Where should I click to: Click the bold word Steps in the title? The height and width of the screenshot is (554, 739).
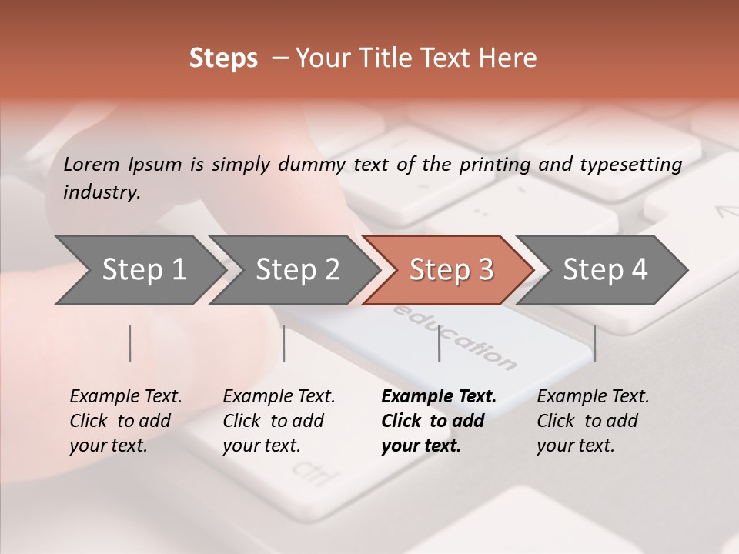[223, 58]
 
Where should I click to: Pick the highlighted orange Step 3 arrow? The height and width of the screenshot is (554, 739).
[451, 270]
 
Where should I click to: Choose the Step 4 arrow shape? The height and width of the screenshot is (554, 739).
[605, 270]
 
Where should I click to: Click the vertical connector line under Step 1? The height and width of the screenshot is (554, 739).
[130, 343]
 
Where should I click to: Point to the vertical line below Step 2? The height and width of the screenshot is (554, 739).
[284, 343]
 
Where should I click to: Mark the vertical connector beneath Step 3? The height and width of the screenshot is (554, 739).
[439, 343]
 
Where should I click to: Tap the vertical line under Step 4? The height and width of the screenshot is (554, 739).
[594, 343]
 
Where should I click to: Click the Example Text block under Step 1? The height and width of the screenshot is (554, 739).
[125, 421]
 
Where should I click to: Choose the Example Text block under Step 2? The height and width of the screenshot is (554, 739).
[279, 421]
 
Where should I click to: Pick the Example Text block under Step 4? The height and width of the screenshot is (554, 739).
[593, 421]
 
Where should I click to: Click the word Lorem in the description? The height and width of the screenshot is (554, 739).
[92, 164]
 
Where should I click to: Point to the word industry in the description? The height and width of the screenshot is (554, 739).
[101, 192]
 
